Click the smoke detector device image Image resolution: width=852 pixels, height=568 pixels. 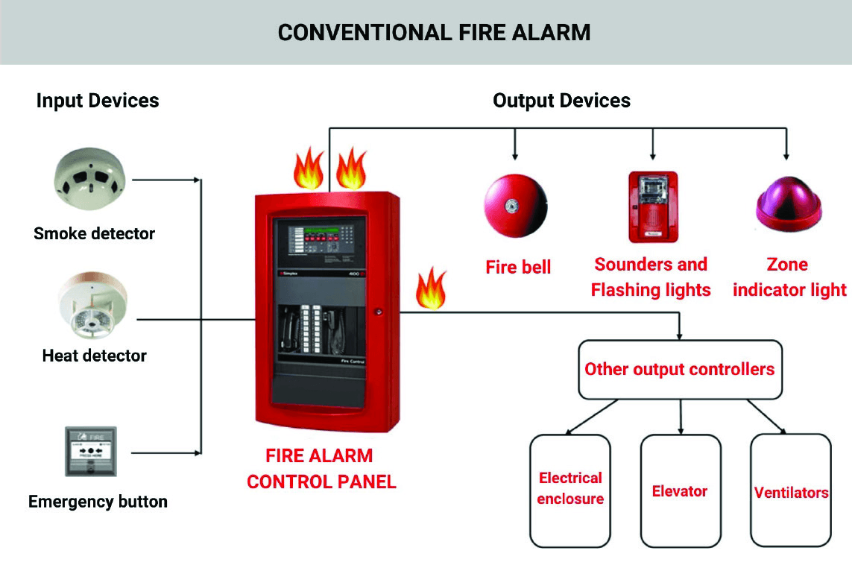[90, 179]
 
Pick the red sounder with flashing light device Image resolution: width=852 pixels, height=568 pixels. [652, 206]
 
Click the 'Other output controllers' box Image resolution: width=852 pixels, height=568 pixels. [680, 369]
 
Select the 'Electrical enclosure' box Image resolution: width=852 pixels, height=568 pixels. [570, 489]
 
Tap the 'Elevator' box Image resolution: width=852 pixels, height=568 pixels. [680, 490]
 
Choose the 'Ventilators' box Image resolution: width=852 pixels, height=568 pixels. [790, 492]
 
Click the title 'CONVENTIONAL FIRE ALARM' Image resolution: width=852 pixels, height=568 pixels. [434, 33]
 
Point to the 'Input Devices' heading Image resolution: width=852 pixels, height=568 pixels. [98, 101]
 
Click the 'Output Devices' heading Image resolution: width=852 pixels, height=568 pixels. [561, 101]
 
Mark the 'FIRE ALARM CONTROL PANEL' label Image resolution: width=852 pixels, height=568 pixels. [321, 468]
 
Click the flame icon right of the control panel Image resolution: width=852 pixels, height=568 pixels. [430, 289]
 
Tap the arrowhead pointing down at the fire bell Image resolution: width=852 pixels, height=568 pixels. [515, 155]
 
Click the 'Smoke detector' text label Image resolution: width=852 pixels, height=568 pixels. [94, 233]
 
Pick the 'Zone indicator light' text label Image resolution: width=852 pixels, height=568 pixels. [789, 277]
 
